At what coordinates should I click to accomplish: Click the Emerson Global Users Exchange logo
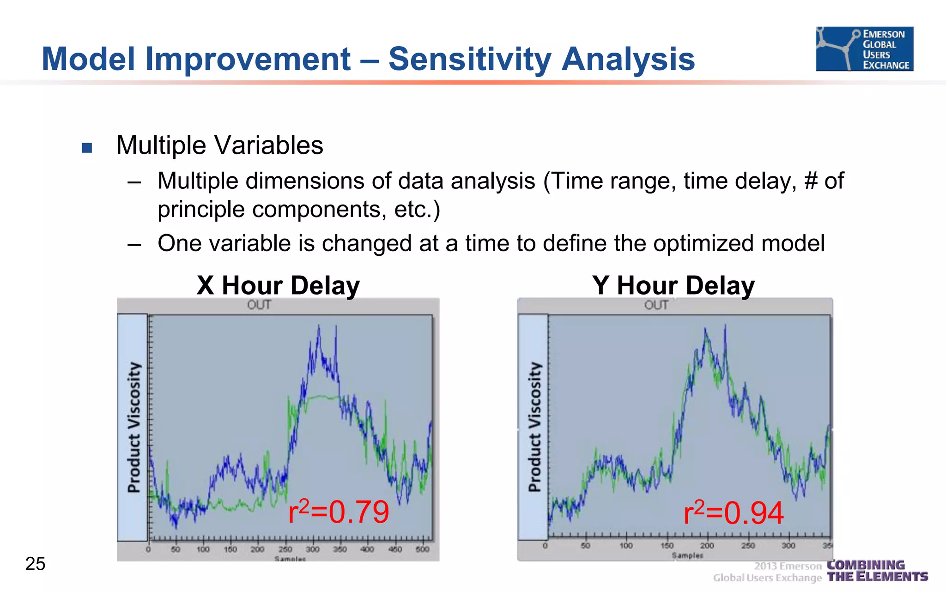(864, 49)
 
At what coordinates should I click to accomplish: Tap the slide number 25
(35, 564)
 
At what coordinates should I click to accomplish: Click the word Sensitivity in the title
(470, 59)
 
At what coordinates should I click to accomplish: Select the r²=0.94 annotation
(733, 513)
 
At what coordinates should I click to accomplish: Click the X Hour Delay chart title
(278, 285)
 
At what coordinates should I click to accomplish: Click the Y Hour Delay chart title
(673, 285)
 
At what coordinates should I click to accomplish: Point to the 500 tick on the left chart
(422, 549)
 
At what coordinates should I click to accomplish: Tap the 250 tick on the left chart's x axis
(285, 549)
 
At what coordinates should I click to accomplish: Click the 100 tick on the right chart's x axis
(626, 546)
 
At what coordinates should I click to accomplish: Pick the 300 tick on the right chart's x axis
(788, 546)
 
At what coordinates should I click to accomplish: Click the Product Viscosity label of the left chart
(133, 427)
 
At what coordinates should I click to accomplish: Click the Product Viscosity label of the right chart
(534, 427)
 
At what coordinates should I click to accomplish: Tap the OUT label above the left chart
(259, 305)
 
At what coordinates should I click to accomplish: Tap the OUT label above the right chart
(656, 305)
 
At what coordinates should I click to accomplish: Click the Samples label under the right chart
(687, 555)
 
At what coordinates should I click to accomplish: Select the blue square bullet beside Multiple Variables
(87, 148)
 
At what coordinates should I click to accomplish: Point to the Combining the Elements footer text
(877, 571)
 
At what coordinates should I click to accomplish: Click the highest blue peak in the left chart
(319, 326)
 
